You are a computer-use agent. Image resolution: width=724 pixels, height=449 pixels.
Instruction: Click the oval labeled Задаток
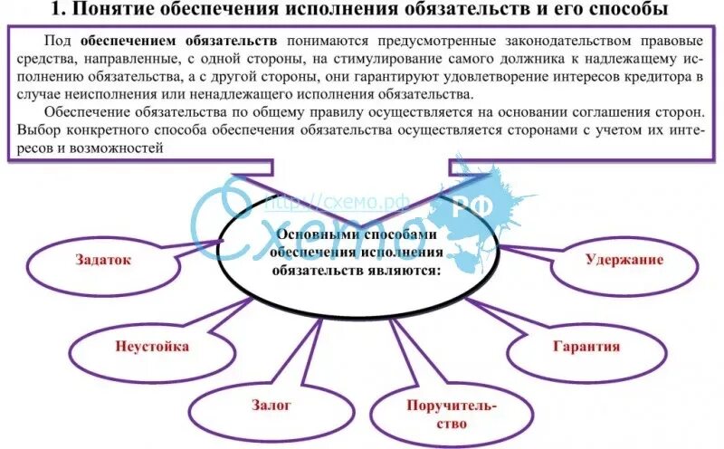pos(108,260)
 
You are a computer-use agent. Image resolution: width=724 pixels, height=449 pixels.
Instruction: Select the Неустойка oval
pos(139,346)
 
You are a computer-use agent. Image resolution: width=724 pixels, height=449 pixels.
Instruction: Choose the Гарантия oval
pos(586,346)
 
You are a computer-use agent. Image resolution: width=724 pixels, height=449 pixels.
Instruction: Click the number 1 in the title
pos(58,11)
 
